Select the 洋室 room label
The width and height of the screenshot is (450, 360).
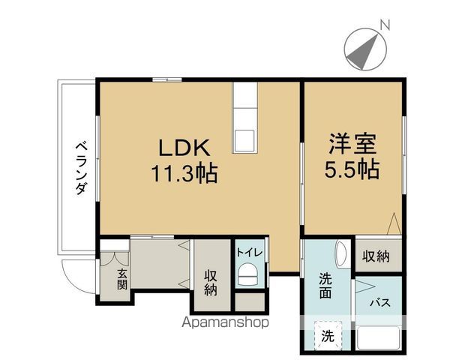point(352,143)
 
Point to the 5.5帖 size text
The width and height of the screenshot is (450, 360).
point(352,169)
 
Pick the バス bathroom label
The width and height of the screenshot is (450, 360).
point(380,304)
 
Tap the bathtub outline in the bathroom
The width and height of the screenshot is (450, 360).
point(380,338)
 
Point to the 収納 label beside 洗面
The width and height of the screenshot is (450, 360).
point(377,256)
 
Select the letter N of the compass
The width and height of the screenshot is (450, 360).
point(384,25)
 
